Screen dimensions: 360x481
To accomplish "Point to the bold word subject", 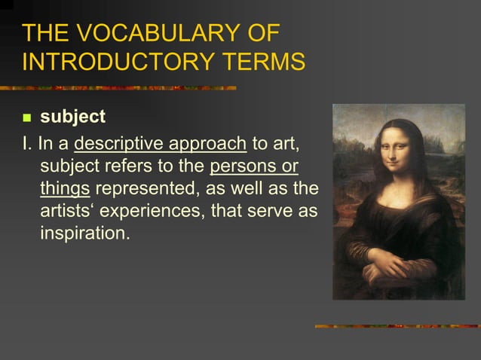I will (72, 118).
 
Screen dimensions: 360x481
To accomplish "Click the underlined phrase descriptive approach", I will (160, 143).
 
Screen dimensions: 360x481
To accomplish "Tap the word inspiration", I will (85, 233).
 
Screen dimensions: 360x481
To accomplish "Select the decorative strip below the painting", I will (397, 326).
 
